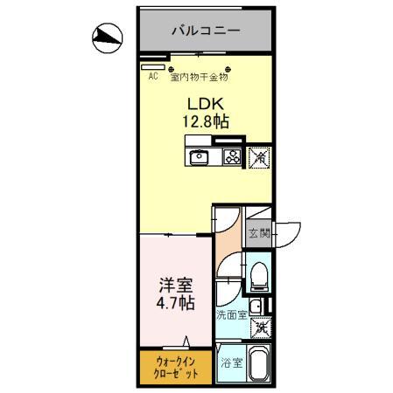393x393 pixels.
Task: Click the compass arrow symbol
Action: pyautogui.click(x=108, y=36)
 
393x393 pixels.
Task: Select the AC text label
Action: pyautogui.click(x=152, y=76)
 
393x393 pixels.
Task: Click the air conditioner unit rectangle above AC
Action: pyautogui.click(x=153, y=65)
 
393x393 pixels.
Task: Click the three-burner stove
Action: pyautogui.click(x=232, y=157)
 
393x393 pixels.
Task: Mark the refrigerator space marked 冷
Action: pyautogui.click(x=259, y=157)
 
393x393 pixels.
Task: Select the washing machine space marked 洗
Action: pyautogui.click(x=260, y=328)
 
